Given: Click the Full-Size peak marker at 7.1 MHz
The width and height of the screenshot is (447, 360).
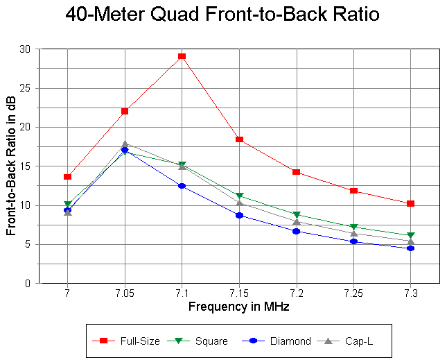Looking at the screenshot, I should pos(182,56).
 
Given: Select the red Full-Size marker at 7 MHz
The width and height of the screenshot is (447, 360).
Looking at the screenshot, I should pos(67,177).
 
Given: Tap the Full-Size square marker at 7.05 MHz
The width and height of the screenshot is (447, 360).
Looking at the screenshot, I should pos(125,111).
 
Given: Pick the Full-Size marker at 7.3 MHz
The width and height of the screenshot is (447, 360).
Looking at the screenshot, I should pos(411,203).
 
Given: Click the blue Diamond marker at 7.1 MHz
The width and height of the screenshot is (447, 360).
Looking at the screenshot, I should pos(182,186).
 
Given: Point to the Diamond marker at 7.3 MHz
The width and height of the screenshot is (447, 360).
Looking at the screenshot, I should pos(411,248).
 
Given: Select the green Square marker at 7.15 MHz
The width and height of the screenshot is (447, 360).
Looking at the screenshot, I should pos(239,196).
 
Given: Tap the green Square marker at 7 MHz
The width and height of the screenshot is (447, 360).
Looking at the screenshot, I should pos(67,205).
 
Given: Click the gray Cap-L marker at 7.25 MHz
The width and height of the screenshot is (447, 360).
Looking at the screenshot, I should pos(353,233).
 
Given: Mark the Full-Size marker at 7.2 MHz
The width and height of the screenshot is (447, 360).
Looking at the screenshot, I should pos(297,171).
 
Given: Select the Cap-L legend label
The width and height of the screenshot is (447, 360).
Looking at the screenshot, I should pos(362,341).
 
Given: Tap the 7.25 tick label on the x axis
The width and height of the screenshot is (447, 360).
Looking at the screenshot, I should pos(353,294).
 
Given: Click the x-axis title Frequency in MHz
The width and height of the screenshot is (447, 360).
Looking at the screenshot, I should pos(239,306).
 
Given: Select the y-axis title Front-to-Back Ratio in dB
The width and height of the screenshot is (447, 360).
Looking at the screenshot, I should pos(12,166).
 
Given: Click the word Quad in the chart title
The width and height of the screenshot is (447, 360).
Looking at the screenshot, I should pos(182,15).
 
